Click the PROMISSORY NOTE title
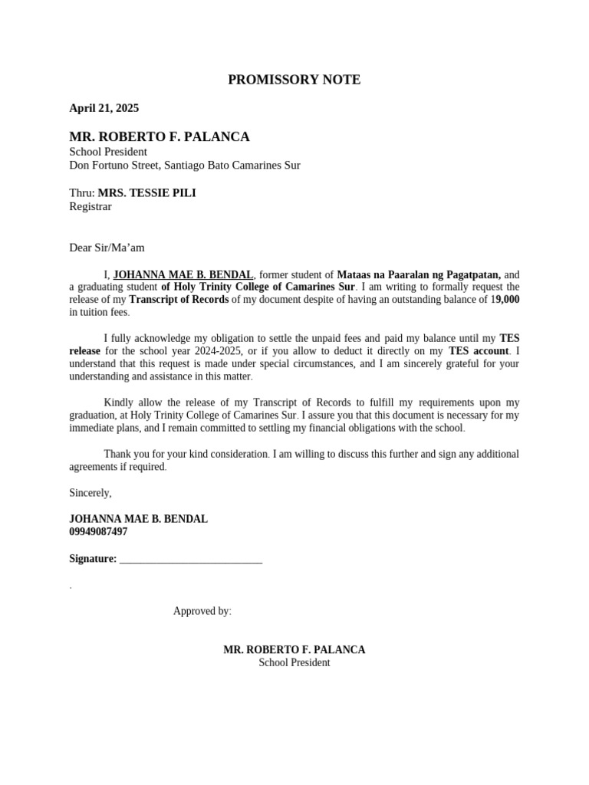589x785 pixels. (294, 80)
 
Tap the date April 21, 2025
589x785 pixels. (104, 108)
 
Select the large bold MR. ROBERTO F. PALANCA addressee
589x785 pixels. (160, 137)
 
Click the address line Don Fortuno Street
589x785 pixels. (185, 165)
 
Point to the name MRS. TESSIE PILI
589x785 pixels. (146, 193)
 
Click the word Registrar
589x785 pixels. (90, 206)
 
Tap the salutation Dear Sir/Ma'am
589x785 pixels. (107, 248)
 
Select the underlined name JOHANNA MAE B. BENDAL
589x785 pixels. (183, 274)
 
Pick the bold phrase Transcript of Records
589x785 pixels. (179, 299)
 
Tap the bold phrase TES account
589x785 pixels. (479, 351)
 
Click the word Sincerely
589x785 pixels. (90, 493)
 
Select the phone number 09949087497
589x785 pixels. (98, 531)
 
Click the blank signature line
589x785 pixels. (191, 560)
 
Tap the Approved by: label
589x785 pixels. (202, 611)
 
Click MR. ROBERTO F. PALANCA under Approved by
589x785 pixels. (294, 649)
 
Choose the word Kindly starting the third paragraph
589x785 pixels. (120, 402)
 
